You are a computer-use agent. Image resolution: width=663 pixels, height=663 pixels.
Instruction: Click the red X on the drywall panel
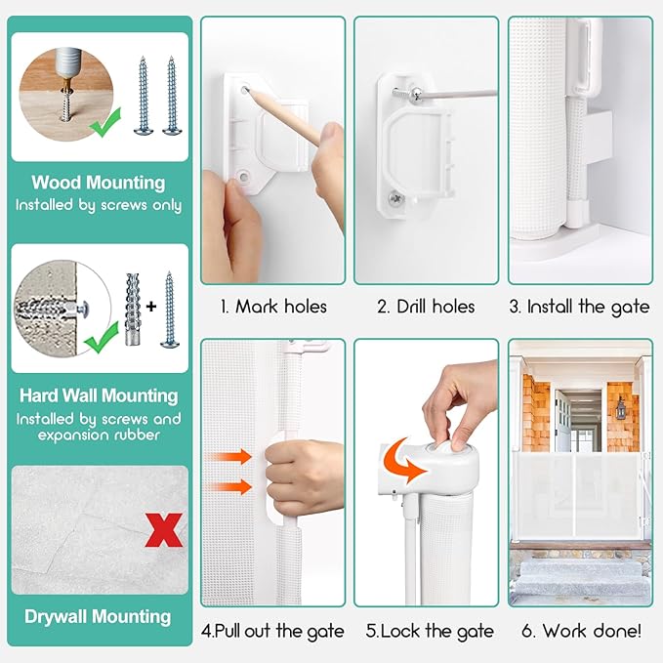[163, 530]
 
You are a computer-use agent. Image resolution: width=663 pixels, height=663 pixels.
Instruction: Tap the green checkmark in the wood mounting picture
[104, 123]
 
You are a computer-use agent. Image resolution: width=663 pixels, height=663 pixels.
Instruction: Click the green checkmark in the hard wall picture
[101, 338]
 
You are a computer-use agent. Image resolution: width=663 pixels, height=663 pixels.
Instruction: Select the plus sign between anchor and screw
[151, 306]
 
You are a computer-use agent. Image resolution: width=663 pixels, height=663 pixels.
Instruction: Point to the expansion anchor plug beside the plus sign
[133, 310]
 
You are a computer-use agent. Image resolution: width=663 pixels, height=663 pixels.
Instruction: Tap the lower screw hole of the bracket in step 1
[243, 176]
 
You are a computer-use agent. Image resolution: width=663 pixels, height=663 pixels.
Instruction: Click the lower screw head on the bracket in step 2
[395, 197]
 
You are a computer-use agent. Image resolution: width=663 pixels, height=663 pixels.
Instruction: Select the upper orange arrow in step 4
[230, 457]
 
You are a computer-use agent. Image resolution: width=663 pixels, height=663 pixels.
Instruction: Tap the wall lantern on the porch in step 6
[620, 407]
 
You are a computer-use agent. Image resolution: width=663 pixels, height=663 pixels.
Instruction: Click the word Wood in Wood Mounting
[57, 183]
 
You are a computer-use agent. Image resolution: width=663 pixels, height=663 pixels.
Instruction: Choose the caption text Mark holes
[281, 307]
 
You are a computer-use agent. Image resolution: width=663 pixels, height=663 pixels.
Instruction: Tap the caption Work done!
[592, 631]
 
